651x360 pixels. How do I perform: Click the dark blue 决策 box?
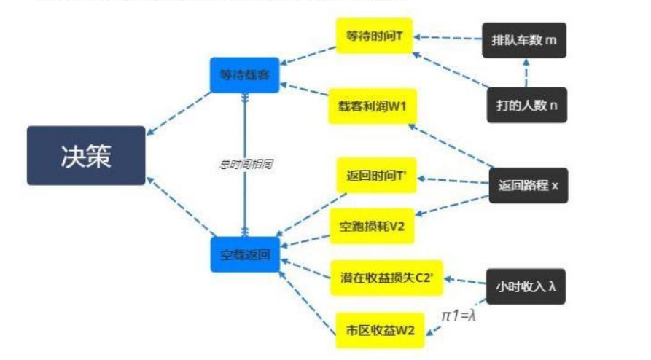click(86, 155)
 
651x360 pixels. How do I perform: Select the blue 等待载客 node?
click(244, 75)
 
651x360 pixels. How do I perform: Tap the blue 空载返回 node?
click(245, 255)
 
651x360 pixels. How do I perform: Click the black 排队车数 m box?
click(523, 40)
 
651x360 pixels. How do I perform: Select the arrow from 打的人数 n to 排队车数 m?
click(525, 73)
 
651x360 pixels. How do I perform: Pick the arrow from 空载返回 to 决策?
click(179, 207)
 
